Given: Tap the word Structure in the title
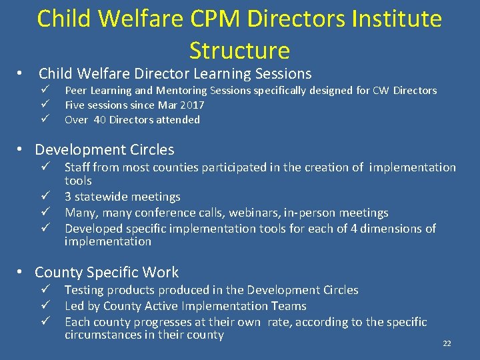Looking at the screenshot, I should pos(239,51).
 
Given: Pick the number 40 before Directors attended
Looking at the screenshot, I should pos(99,120).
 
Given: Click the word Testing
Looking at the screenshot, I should pos(84,290).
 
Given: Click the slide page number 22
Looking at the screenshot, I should pos(447,343).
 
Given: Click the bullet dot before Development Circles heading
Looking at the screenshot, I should pos(21,150).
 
